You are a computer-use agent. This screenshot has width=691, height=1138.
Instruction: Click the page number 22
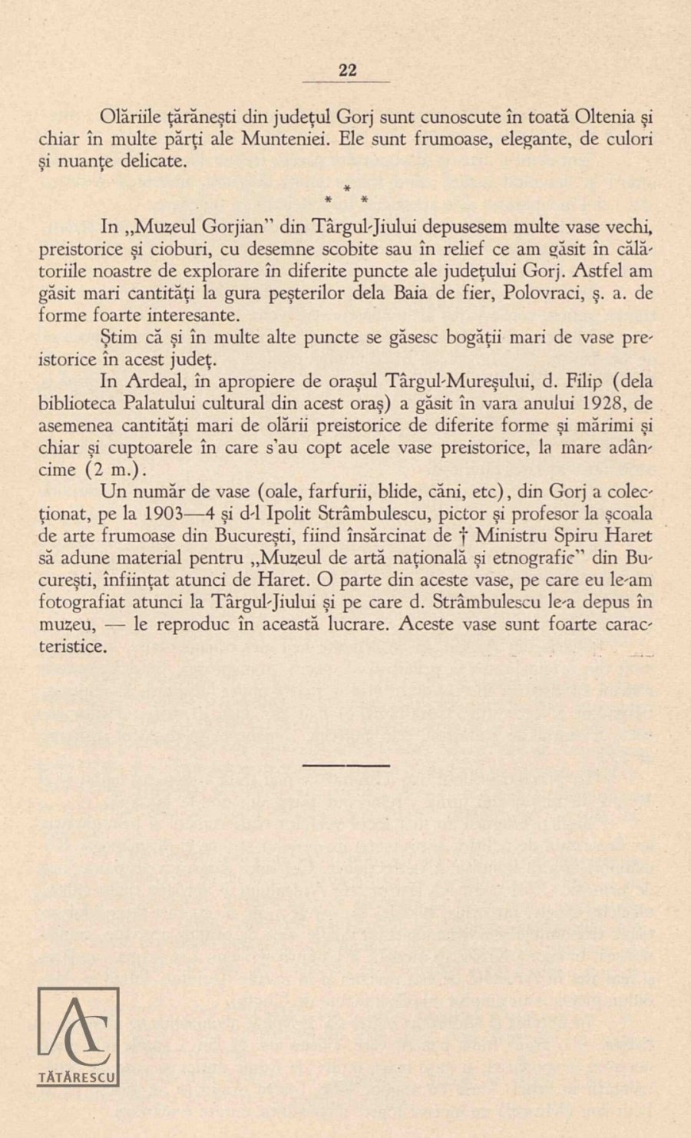(x=347, y=70)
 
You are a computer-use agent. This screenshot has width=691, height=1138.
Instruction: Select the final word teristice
(x=72, y=647)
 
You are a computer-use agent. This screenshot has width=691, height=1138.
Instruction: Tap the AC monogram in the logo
(x=78, y=1028)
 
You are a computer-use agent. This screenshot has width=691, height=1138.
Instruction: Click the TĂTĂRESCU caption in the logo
(x=78, y=1078)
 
